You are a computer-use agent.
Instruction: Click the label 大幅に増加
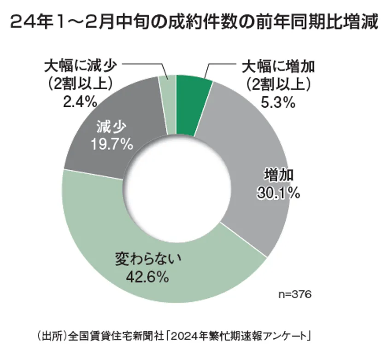(x=278, y=67)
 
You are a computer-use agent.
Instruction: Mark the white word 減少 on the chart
(x=111, y=127)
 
